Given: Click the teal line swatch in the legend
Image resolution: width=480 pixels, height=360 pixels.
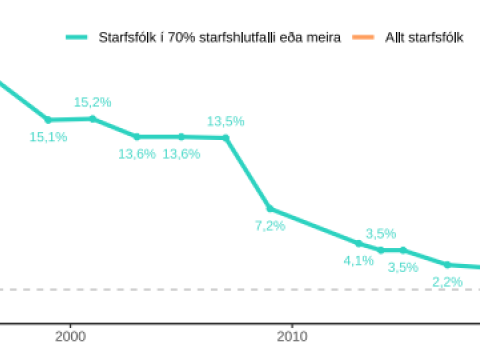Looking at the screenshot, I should coord(77,37).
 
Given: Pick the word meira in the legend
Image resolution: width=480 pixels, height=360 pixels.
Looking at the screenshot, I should coord(323,37).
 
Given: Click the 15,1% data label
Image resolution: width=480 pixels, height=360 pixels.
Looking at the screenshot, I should coord(48,137).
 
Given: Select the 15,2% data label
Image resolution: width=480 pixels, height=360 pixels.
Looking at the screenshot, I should coord(92,102).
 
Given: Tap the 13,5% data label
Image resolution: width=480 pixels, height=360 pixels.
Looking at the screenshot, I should coord(225,121).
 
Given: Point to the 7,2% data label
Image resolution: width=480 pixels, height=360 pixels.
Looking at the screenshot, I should coord(270,226).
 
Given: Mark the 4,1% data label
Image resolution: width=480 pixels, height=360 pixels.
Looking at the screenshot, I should coord(358,260).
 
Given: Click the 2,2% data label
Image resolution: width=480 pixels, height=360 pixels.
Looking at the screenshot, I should coord(447,282).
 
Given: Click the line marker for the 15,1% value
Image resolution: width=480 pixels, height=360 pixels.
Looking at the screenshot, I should coord(48,119).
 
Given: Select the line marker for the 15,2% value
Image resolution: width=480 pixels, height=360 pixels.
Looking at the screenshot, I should coord(92,118).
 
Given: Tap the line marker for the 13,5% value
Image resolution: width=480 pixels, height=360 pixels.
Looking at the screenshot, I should coord(226,137).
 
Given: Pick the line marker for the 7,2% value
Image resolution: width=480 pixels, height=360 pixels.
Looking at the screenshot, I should coord(270,209).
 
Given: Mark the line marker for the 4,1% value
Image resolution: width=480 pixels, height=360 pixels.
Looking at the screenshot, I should coord(359,243).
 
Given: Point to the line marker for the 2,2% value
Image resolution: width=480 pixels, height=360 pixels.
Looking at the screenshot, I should coord(447,265).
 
